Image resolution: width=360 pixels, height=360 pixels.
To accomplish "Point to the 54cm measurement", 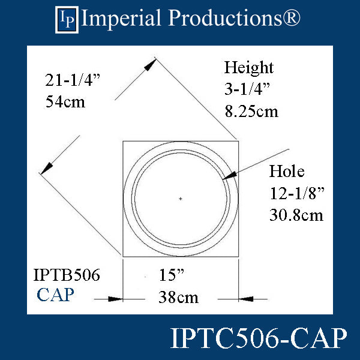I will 65,101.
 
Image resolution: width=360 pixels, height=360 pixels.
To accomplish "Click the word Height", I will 248,67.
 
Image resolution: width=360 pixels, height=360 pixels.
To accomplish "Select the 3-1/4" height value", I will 247,89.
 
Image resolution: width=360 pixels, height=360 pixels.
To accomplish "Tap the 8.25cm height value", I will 251,111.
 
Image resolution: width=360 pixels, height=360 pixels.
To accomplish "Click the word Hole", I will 287,172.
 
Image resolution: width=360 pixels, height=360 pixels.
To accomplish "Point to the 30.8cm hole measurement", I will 296,215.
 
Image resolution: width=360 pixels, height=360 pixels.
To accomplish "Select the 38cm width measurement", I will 178,296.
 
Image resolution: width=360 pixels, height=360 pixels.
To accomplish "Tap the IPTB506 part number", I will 66,276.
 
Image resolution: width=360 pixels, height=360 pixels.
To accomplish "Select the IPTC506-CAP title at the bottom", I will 259,338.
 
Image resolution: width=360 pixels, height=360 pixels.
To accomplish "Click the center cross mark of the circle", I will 181,199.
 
